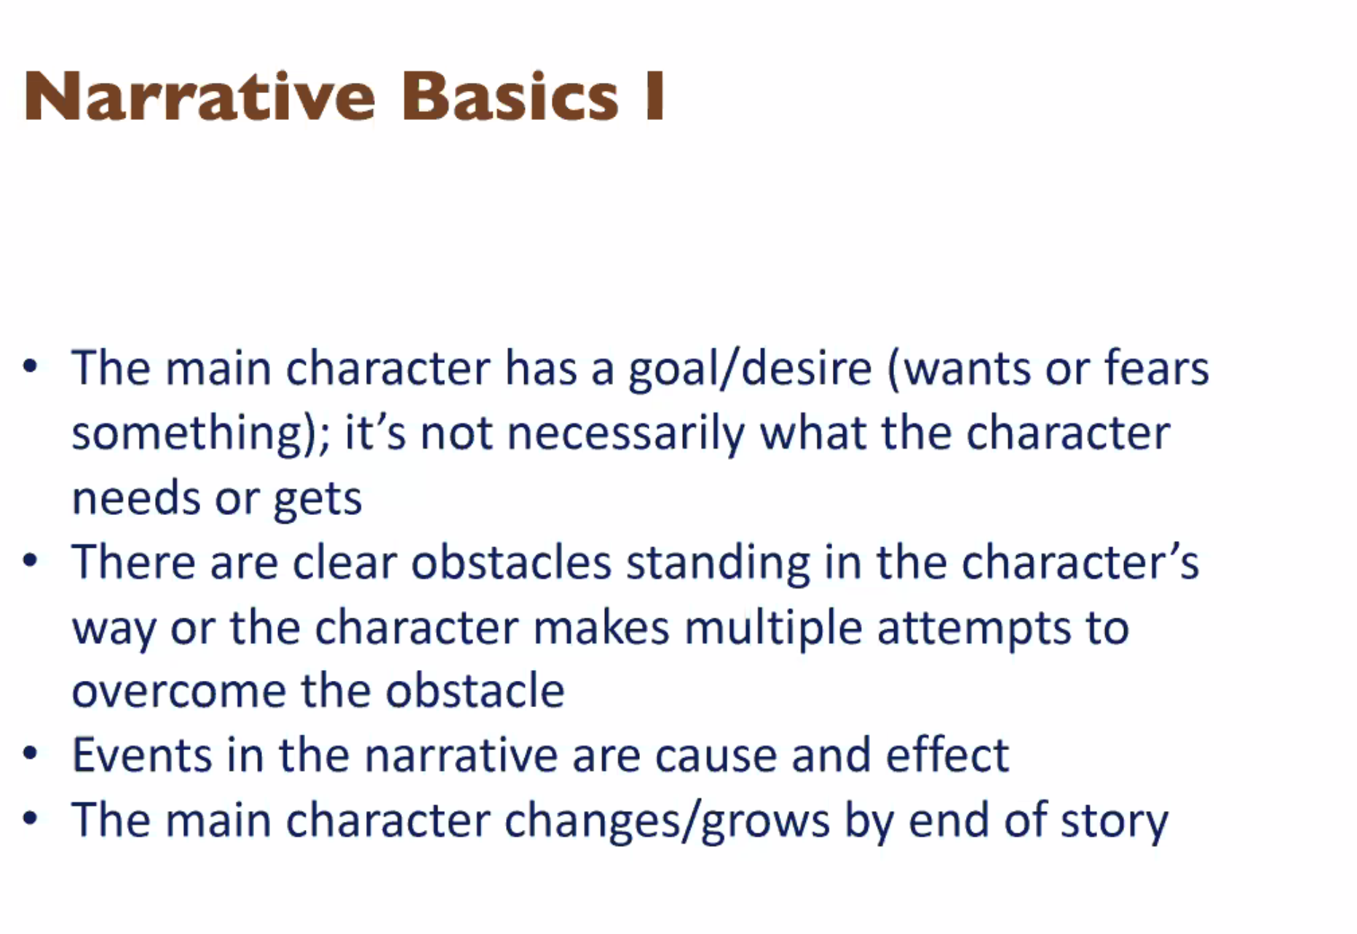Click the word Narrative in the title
[x=199, y=96]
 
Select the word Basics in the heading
[x=510, y=96]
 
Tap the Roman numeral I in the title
[x=655, y=96]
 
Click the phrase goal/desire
[x=750, y=370]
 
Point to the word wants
[x=958, y=370]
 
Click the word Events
[x=141, y=755]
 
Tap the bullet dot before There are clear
[x=30, y=561]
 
